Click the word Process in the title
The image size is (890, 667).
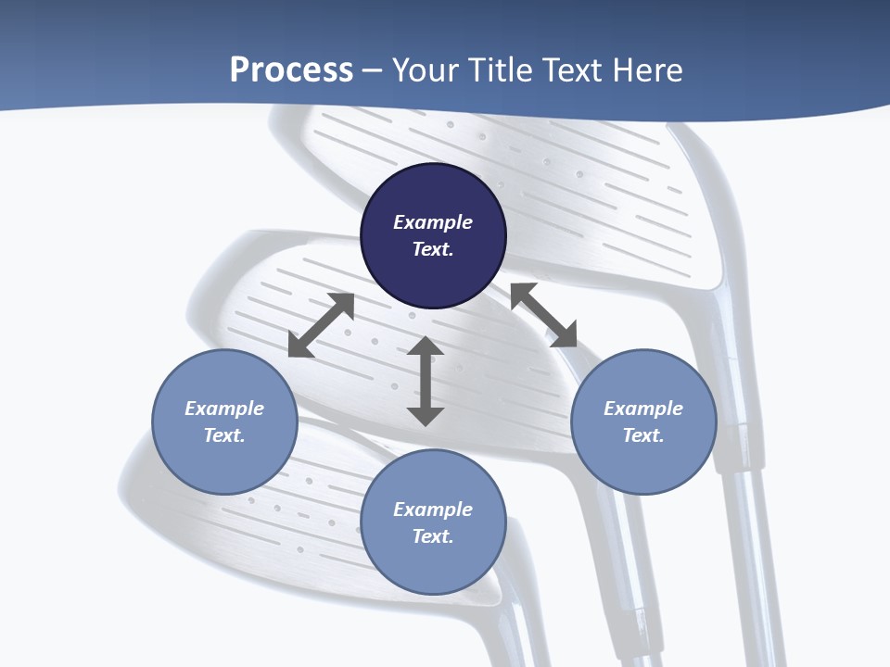(x=291, y=69)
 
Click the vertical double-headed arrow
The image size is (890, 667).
(x=426, y=381)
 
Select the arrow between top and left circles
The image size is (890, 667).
(x=321, y=325)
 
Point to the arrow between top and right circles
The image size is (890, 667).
(x=543, y=315)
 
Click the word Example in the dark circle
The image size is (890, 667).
(x=433, y=222)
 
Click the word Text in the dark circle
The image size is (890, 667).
(x=433, y=249)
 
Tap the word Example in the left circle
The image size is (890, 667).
(x=224, y=409)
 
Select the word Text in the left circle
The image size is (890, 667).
(x=224, y=435)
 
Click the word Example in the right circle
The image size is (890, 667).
(x=643, y=409)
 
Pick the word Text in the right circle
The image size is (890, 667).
(x=643, y=435)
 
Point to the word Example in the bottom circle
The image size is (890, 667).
(x=433, y=510)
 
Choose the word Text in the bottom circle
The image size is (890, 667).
(x=433, y=536)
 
